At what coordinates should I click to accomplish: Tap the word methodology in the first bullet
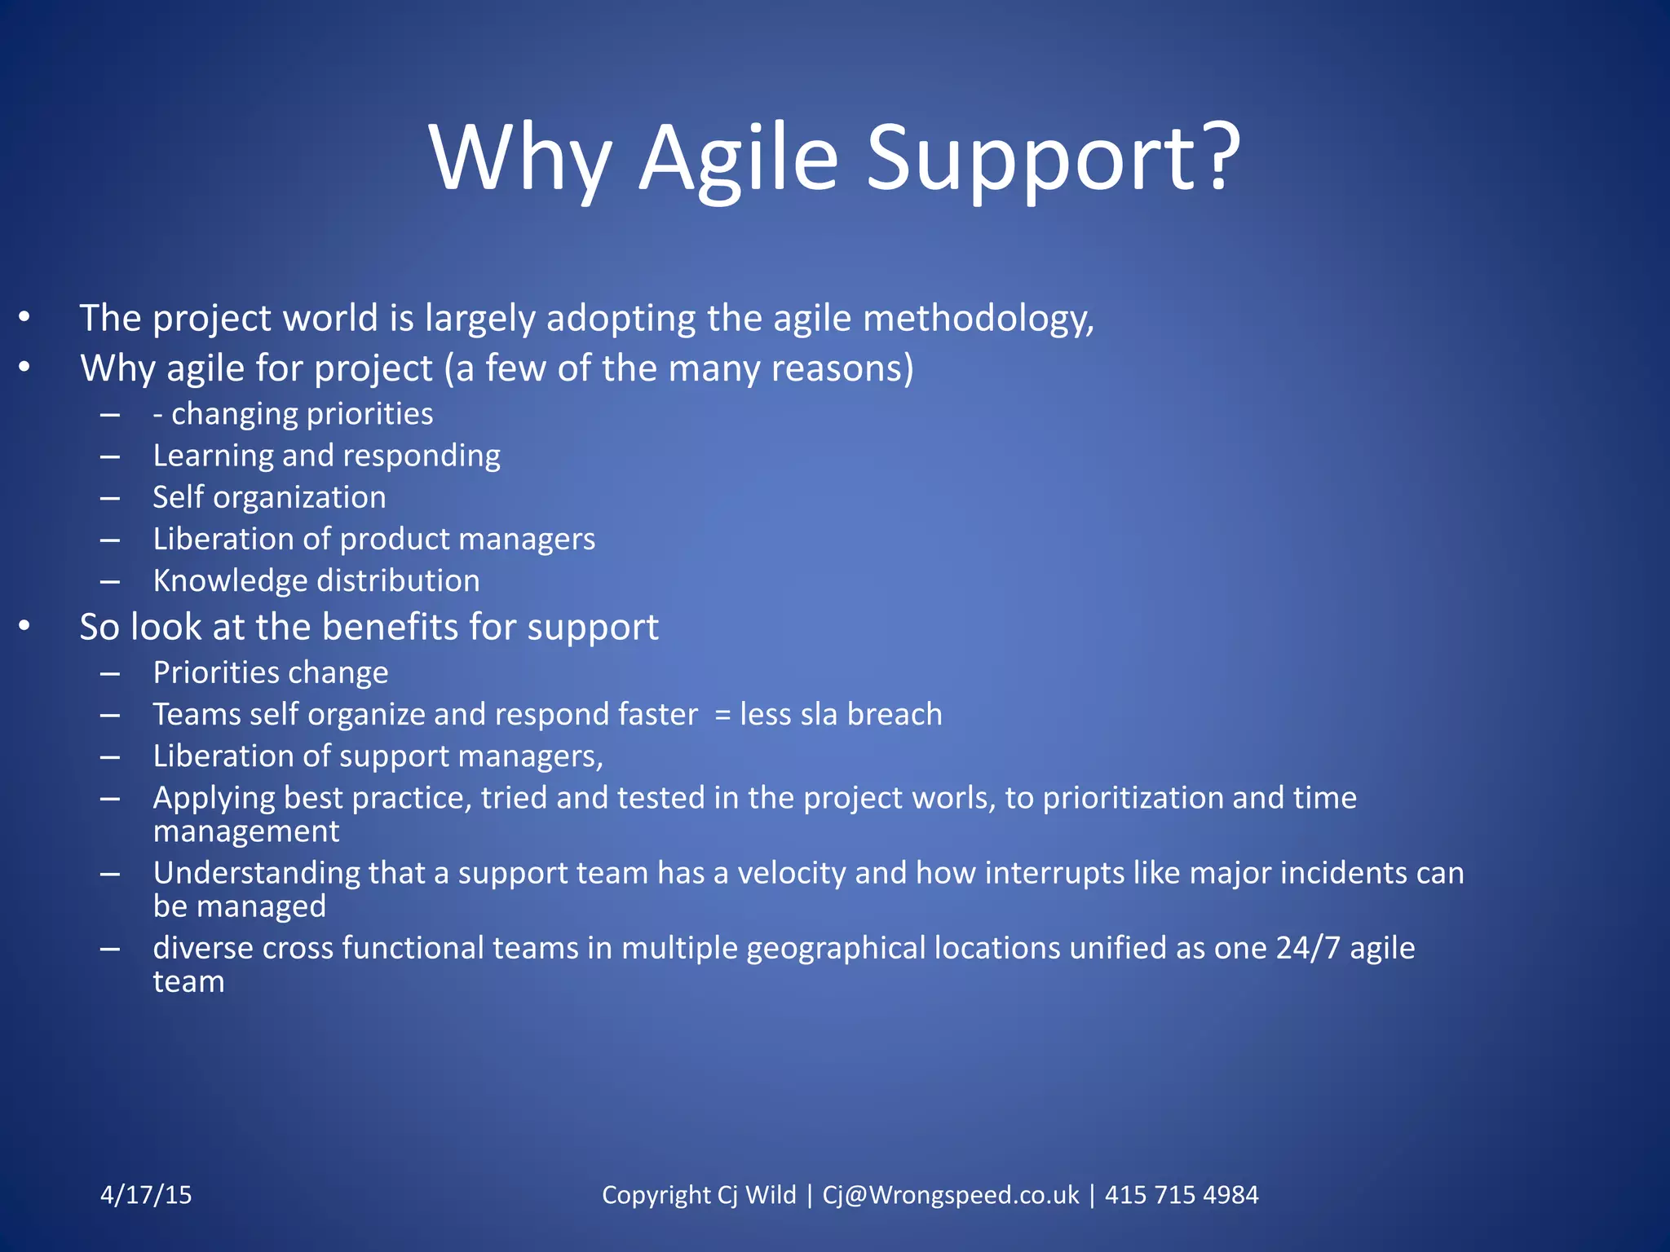point(977,319)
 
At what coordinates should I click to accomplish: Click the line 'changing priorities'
point(302,414)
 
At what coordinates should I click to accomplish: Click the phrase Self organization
point(269,497)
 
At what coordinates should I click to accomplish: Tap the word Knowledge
point(229,580)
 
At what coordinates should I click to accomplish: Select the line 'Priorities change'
point(270,672)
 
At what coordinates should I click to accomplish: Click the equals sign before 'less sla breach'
point(722,715)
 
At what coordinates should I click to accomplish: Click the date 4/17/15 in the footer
point(146,1195)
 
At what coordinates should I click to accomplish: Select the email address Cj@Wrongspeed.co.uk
point(950,1195)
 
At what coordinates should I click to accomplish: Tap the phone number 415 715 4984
point(1181,1195)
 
